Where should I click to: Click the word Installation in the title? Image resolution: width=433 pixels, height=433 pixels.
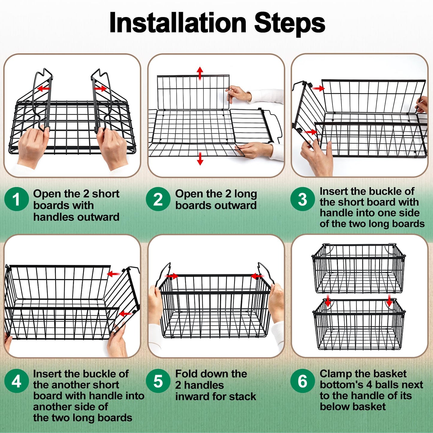click(x=178, y=23)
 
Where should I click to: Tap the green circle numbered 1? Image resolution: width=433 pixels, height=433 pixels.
click(x=16, y=199)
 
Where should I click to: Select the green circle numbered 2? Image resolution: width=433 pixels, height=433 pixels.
click(x=158, y=199)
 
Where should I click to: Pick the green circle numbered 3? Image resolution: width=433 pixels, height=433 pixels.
click(x=302, y=199)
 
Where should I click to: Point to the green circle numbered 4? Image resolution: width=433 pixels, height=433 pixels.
click(x=16, y=381)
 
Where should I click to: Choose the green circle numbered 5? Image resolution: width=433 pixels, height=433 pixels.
click(x=158, y=381)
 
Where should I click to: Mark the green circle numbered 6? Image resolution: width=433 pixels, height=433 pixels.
click(x=302, y=381)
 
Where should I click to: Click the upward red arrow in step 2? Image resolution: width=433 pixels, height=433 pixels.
click(x=200, y=73)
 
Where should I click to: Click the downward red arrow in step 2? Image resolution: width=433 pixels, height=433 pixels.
click(x=200, y=159)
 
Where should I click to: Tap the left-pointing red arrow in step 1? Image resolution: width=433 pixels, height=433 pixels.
click(x=43, y=88)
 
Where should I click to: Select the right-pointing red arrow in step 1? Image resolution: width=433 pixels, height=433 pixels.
click(x=100, y=88)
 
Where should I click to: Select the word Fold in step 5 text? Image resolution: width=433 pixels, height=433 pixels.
click(x=185, y=374)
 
